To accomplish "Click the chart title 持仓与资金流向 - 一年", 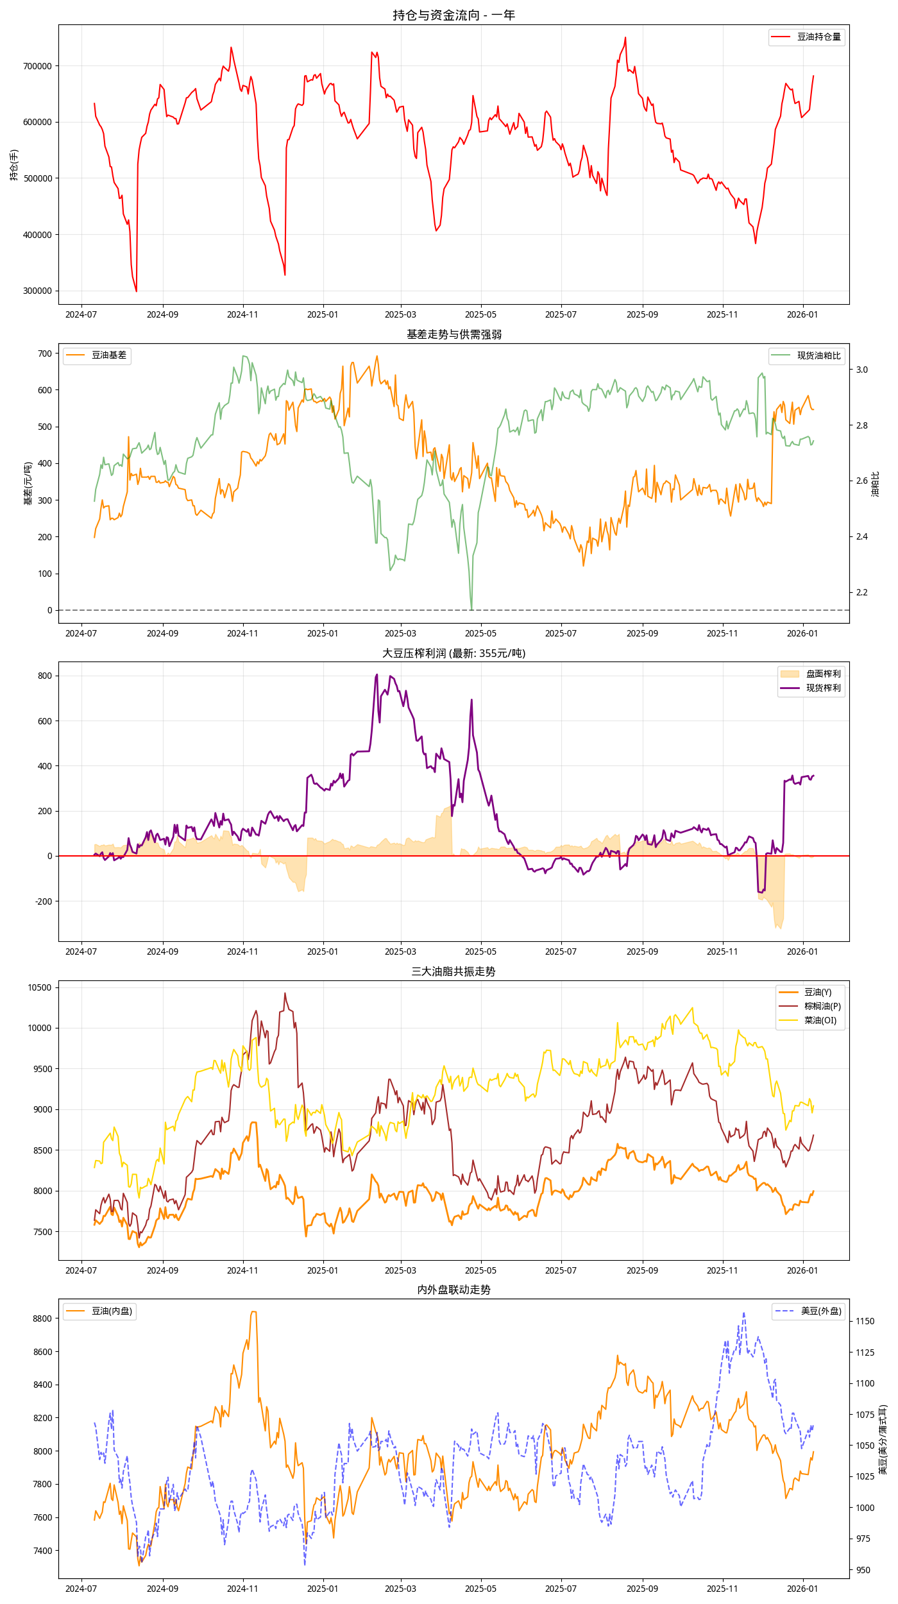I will [x=453, y=15].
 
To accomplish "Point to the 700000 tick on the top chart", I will [x=37, y=66].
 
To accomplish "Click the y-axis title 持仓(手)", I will [x=14, y=165].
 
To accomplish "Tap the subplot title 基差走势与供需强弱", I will [x=453, y=334].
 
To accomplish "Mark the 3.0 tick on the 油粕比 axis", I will [x=861, y=370].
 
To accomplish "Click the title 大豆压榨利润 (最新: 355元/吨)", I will [x=453, y=653].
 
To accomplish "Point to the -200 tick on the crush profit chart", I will [x=41, y=901].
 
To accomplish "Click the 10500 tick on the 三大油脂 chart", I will [x=39, y=987].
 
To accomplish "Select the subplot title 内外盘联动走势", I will [x=453, y=1290].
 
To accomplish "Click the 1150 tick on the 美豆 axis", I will [x=865, y=1321].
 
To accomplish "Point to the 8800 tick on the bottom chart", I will [x=42, y=1318].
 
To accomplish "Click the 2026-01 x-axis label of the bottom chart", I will [x=802, y=1589].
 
